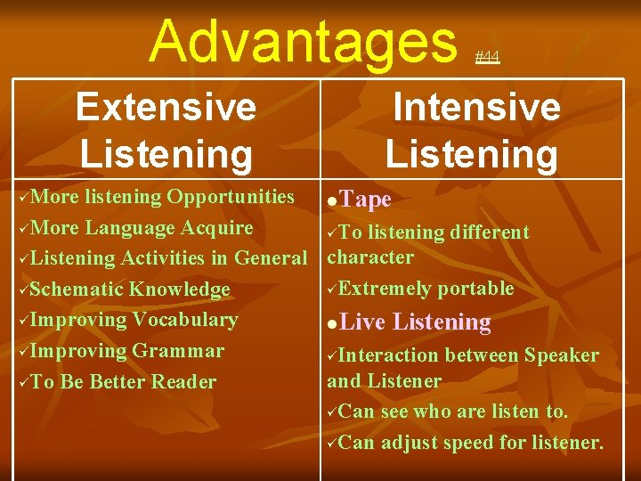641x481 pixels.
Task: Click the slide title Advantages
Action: (x=302, y=41)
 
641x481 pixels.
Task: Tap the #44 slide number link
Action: (x=487, y=57)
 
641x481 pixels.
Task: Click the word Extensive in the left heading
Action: (x=166, y=108)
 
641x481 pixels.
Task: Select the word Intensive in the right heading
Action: (x=476, y=108)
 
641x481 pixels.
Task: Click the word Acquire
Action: (x=217, y=227)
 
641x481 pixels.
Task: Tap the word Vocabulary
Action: (x=185, y=320)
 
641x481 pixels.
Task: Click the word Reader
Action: (x=183, y=381)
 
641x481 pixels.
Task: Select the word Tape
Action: (x=366, y=200)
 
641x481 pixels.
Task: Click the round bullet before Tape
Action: (x=332, y=201)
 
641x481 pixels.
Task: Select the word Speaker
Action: (x=561, y=355)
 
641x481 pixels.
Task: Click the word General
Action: (x=271, y=258)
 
